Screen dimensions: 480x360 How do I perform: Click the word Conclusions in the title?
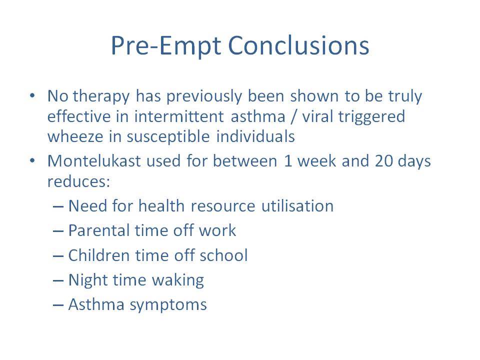[x=298, y=45]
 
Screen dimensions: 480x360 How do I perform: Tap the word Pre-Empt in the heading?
[x=165, y=46]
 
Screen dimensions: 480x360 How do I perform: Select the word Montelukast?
[x=94, y=160]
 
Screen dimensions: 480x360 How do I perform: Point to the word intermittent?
[x=179, y=116]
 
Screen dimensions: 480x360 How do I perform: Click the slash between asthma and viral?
[x=294, y=117]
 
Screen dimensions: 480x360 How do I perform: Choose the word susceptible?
[x=168, y=137]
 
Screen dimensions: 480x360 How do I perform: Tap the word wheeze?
[x=75, y=136]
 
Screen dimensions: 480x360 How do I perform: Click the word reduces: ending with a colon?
[x=78, y=181]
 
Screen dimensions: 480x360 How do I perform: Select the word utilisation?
[x=297, y=205]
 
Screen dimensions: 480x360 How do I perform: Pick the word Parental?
[x=98, y=230]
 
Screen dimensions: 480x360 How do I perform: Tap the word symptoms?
[x=168, y=305]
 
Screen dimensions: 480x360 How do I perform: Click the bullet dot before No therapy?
[x=32, y=96]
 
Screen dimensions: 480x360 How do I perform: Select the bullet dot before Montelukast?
[x=32, y=160]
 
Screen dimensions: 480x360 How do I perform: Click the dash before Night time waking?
[x=58, y=280]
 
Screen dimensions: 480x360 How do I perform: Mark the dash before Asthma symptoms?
[x=58, y=305]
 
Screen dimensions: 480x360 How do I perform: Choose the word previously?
[x=204, y=96]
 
